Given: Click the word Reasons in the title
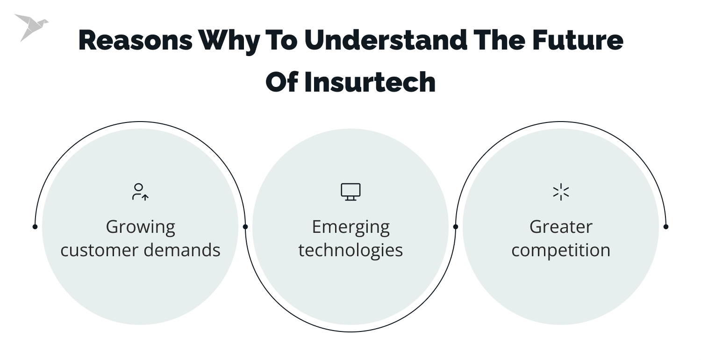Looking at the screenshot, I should click(135, 40).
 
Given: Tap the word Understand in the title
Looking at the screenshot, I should click(386, 40).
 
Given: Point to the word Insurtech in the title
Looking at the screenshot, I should click(370, 82).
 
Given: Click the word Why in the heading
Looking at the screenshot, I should click(229, 41).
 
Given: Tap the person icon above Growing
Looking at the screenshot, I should click(140, 192).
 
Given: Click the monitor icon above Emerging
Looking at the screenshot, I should click(350, 192).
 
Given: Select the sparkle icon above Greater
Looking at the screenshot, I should click(561, 192).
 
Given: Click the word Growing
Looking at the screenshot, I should click(140, 228).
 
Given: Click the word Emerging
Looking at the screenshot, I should click(350, 228).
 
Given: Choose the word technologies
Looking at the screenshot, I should click(350, 250).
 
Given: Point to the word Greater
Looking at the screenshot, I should click(561, 227).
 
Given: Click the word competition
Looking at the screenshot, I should click(561, 251).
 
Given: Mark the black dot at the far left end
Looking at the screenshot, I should click(35, 227).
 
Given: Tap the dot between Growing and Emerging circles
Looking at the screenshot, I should click(245, 227).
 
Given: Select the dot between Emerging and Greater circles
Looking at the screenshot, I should click(456, 227).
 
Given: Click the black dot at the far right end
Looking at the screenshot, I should click(666, 227).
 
